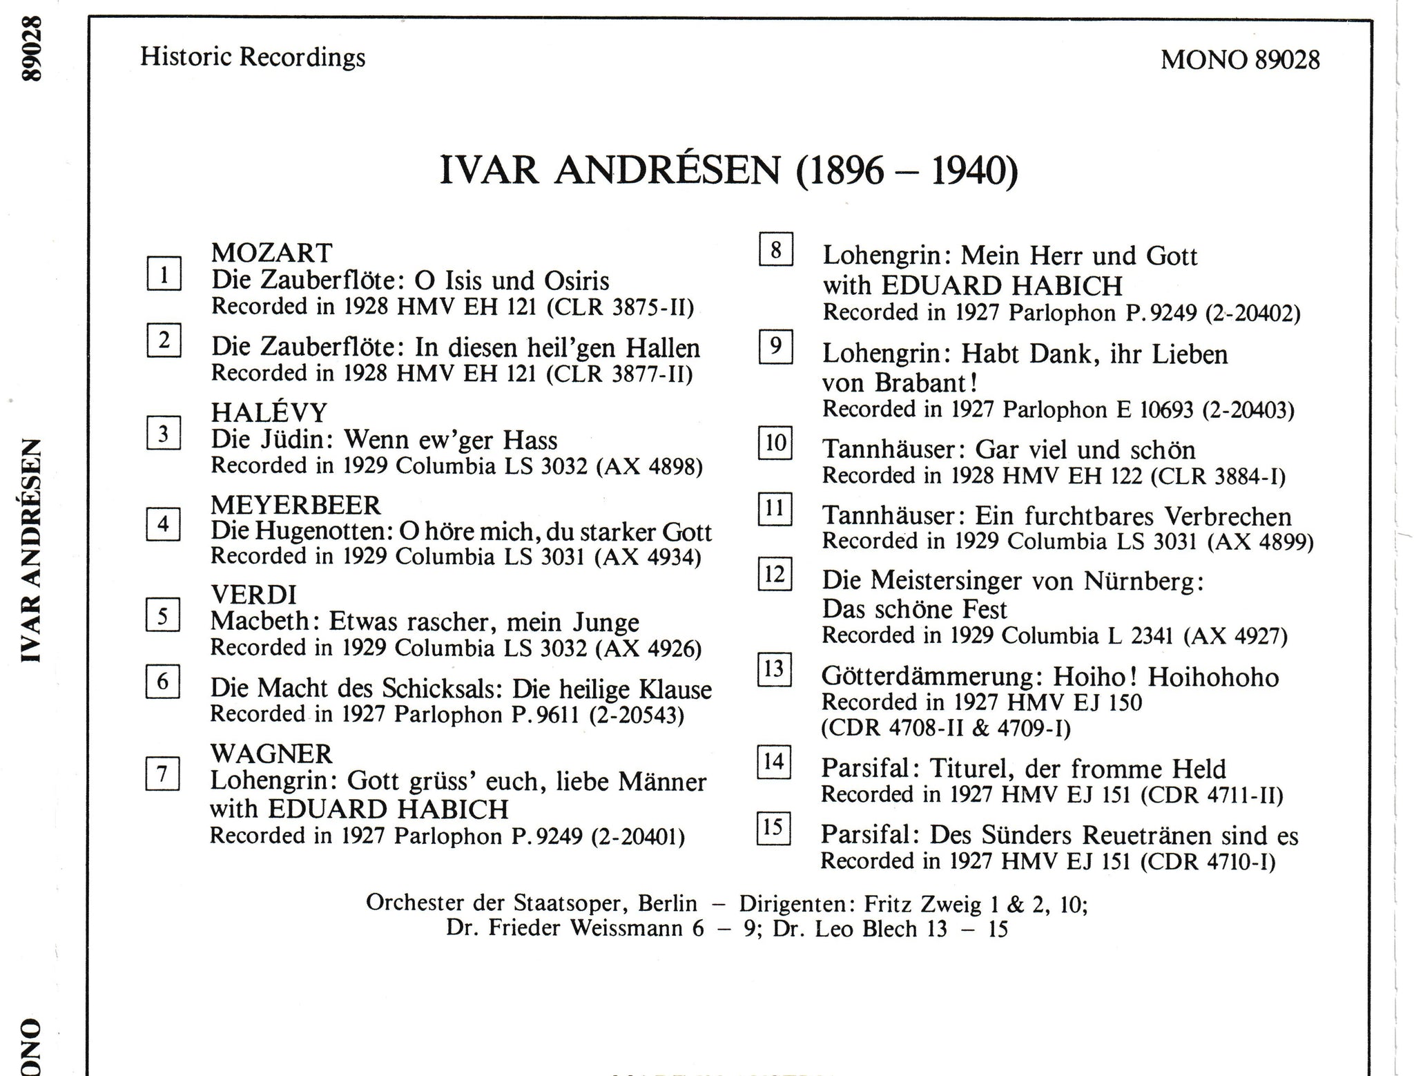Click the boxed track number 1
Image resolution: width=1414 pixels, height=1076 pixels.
coord(164,273)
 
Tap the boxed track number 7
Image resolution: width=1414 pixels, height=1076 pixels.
coord(163,774)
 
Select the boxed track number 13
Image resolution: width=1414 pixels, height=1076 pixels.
coord(774,669)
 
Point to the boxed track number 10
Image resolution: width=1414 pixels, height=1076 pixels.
coord(775,443)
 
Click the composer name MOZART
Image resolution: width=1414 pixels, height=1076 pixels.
coord(271,253)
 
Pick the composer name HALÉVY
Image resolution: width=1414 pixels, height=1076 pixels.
coord(269,412)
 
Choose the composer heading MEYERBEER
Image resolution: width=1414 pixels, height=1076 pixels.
coord(296,505)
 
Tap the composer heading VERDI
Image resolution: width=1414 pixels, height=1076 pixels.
coord(253,594)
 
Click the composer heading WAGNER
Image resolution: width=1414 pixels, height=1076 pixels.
coord(271,753)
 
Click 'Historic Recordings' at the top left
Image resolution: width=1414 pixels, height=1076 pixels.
coord(253,57)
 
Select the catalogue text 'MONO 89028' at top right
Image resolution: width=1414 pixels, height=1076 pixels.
coord(1240,59)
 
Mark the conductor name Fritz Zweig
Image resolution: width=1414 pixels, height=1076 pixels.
coord(923,904)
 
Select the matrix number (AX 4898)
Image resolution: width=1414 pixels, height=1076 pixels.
coord(652,467)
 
